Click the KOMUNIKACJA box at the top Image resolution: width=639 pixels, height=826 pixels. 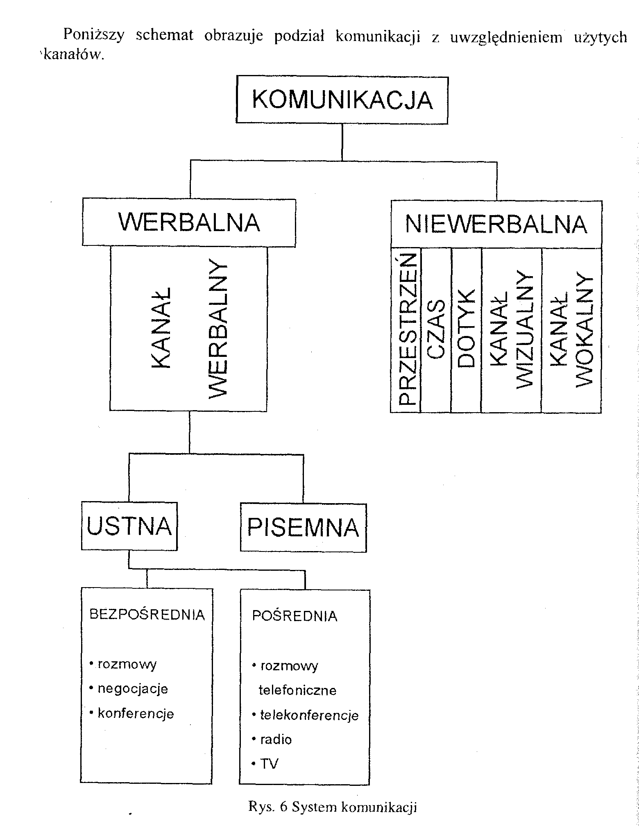pos(342,100)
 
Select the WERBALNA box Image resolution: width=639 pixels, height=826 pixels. pos(189,222)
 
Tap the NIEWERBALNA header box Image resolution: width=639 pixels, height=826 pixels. pos(496,225)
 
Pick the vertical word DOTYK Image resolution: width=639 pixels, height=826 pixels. pos(466,329)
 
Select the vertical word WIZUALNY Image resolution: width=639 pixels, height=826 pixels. pos(525,329)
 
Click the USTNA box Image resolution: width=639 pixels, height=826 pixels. pos(129,526)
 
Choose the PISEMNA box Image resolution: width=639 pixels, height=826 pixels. pos(303,527)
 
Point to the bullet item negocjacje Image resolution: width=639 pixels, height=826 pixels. pos(133,688)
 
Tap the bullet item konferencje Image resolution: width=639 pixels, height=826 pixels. pos(136,713)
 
